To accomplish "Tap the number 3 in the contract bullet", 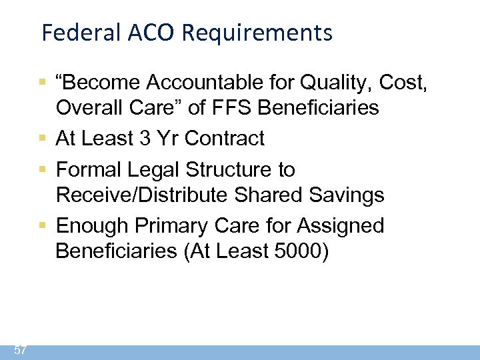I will pos(145,138).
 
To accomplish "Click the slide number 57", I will pos(20,350).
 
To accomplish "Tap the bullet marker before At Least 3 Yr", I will pos(42,138).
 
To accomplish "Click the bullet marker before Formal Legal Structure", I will pos(42,170).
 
